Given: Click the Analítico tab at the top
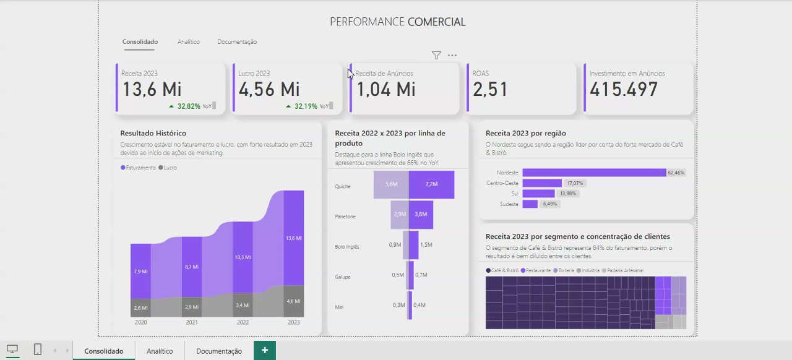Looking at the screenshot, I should click(x=188, y=42).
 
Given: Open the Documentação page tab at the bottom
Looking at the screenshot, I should click(x=219, y=351).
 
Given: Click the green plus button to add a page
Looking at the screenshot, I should click(x=265, y=350).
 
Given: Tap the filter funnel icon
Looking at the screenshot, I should click(x=436, y=56).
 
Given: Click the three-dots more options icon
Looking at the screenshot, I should click(x=452, y=56).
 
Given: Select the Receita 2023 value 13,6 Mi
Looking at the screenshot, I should click(x=152, y=90).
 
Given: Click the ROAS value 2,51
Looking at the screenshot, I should click(x=490, y=90).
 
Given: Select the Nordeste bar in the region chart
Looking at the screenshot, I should click(x=594, y=173).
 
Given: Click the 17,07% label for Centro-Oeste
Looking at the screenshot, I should click(x=575, y=183).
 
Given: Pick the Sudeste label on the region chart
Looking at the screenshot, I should click(x=509, y=204).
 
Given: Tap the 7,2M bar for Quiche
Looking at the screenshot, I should click(x=431, y=184).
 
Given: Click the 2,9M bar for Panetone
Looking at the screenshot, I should click(x=400, y=214).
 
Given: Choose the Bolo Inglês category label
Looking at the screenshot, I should click(x=347, y=247).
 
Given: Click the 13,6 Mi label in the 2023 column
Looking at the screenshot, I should click(x=294, y=238).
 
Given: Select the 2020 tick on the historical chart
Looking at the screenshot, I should click(x=140, y=322).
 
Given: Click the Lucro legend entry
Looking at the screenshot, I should click(x=168, y=168).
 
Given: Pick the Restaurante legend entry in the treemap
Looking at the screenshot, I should click(x=537, y=270).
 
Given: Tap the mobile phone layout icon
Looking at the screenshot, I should click(x=37, y=349).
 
